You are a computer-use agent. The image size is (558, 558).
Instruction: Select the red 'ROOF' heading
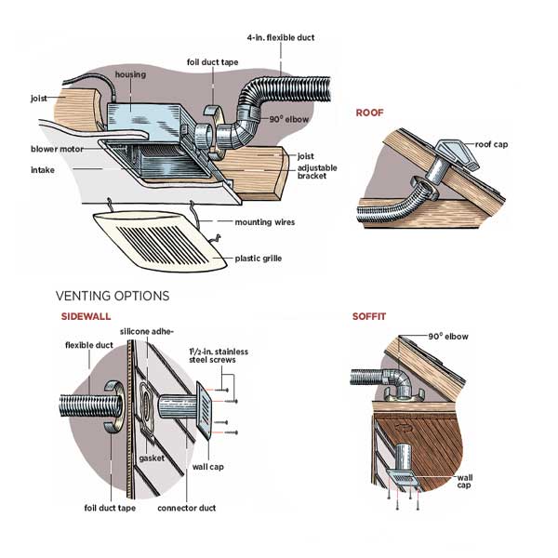click(369, 112)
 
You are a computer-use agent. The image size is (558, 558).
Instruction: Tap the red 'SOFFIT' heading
click(368, 316)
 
